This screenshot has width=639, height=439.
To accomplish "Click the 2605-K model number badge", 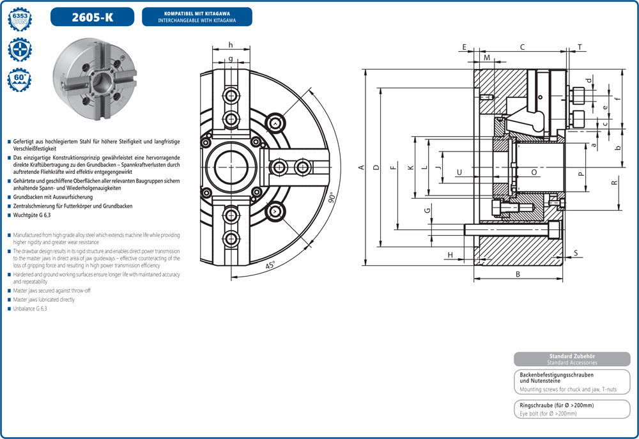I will [92, 17].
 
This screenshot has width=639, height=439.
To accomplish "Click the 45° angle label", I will [270, 265].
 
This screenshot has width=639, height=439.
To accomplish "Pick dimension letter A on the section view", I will [361, 167].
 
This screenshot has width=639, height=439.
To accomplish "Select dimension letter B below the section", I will [518, 274].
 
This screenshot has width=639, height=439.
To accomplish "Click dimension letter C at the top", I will [522, 47].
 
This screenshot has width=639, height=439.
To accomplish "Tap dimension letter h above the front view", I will [230, 45].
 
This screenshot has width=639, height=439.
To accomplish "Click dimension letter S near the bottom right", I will [575, 253].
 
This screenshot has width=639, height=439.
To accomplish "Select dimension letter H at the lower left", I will [450, 255].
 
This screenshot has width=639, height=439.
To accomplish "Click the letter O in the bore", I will [534, 173].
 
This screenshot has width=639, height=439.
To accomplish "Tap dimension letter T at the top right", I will [580, 47].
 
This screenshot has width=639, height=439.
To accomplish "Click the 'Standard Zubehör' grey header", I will [572, 356].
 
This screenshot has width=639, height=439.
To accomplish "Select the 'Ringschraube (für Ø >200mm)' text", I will [557, 406].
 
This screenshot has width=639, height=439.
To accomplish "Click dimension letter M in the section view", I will [487, 58].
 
